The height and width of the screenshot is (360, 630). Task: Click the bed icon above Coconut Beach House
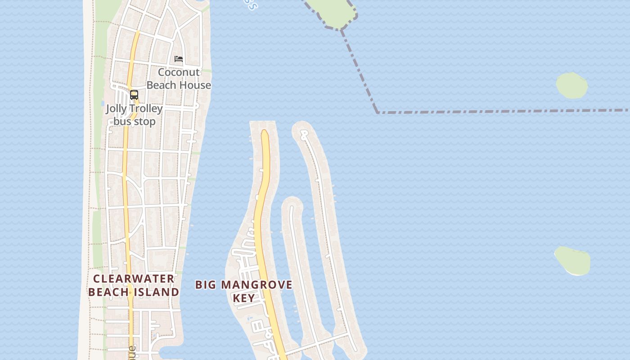179,59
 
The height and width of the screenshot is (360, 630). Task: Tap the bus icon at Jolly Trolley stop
134,95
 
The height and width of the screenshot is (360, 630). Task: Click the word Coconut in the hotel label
179,72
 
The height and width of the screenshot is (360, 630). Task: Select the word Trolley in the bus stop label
146,109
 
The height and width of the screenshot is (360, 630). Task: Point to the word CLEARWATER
134,279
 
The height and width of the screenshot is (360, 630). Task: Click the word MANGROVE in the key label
264,285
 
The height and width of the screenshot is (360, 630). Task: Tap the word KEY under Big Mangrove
243,298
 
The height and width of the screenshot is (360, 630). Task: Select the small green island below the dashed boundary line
571,85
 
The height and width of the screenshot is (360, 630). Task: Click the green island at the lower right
573,261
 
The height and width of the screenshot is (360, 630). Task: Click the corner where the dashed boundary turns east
377,112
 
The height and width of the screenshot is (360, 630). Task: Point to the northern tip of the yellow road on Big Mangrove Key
265,131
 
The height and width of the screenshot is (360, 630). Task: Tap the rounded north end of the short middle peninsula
292,203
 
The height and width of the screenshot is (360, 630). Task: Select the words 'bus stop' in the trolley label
134,121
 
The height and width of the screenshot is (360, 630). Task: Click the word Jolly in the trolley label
116,109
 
